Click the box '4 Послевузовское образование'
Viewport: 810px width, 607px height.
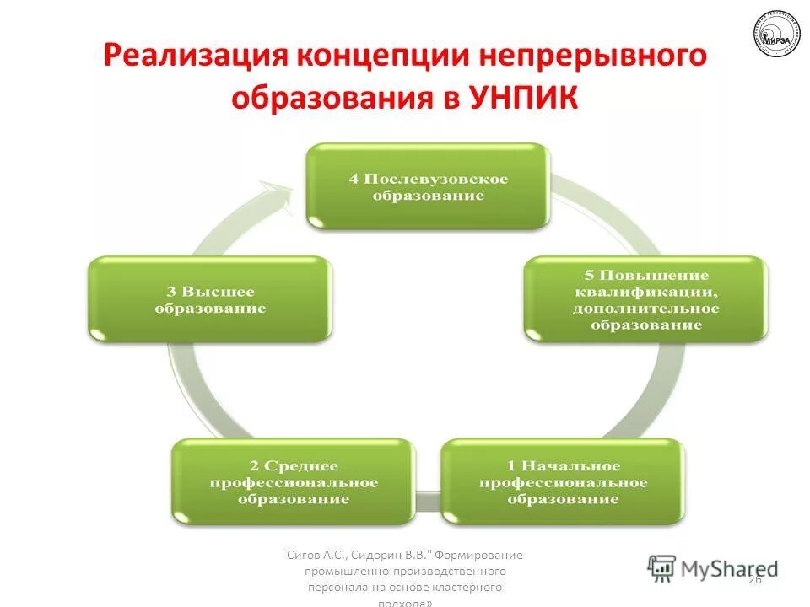tap(428, 186)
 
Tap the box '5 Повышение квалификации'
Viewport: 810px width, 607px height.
tap(646, 299)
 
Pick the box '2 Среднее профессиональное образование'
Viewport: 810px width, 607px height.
tap(294, 482)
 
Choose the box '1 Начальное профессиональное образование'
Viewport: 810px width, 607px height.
tap(563, 482)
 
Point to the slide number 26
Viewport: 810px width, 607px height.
tap(754, 579)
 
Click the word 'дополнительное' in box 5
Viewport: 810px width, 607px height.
tap(647, 309)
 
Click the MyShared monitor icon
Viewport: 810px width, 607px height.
tap(662, 568)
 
